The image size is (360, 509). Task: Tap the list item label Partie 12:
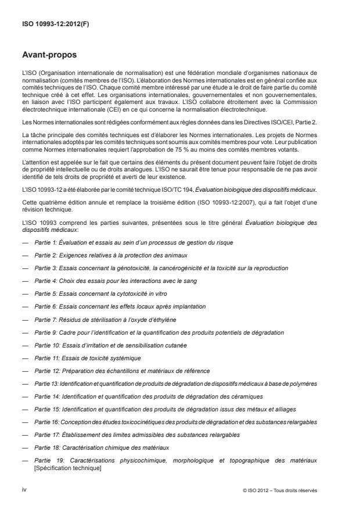click(x=48, y=370)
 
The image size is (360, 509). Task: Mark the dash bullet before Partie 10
click(x=26, y=345)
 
